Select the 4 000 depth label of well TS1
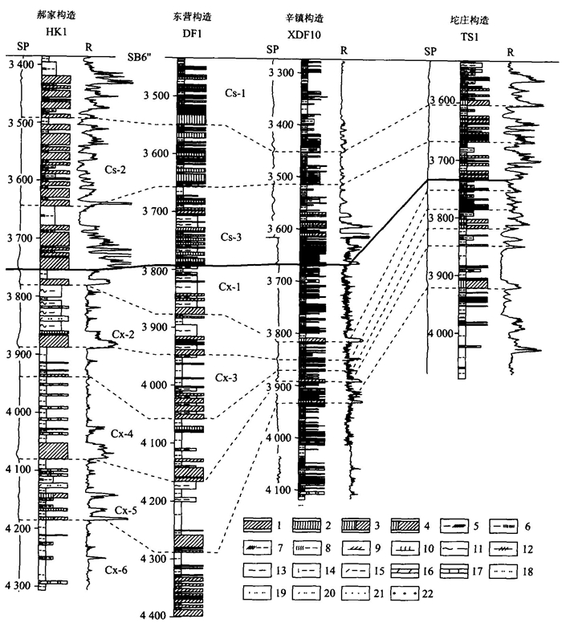pos(439,333)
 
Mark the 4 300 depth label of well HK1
pos(21,586)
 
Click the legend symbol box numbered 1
pos(259,526)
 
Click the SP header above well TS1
pos(430,51)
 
